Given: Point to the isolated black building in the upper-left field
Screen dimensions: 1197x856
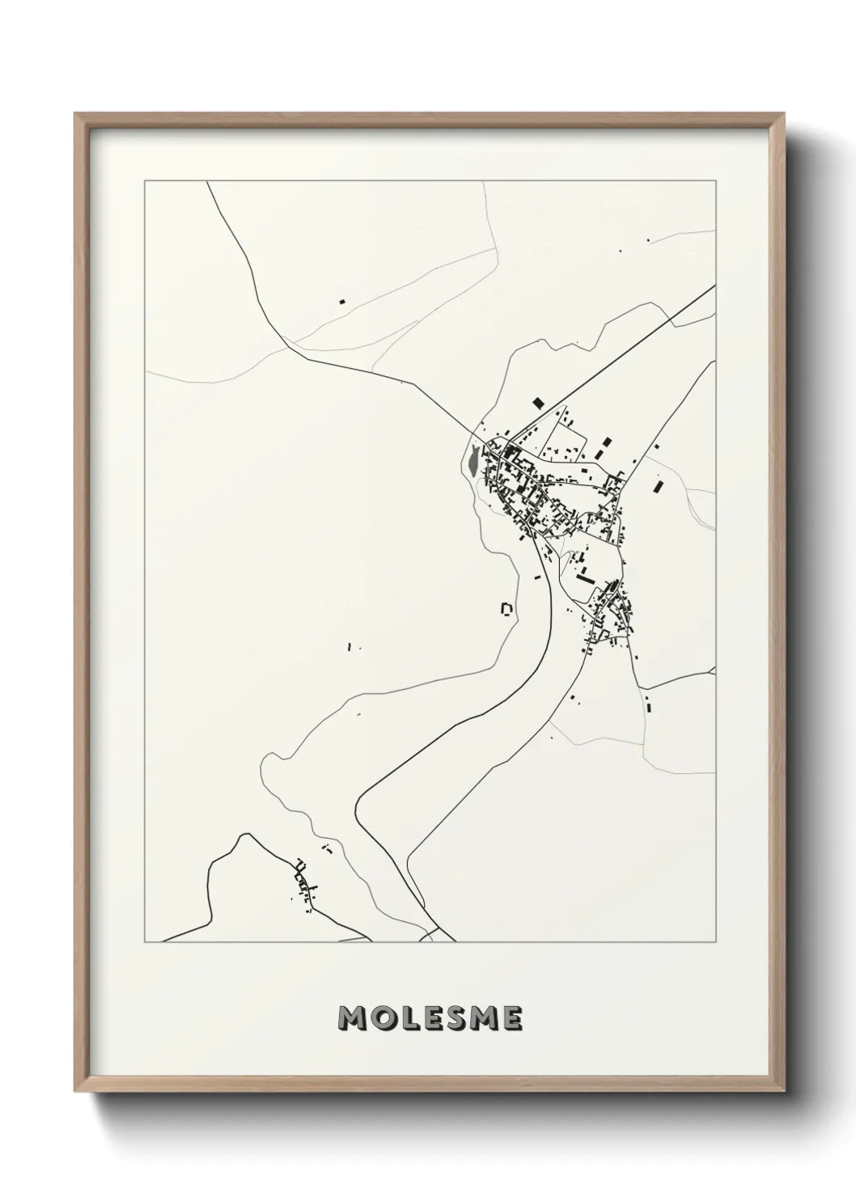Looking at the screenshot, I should click(342, 301).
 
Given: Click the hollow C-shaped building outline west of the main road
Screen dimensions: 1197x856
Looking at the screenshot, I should click(507, 608).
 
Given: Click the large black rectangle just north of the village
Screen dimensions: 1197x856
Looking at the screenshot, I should click(538, 402).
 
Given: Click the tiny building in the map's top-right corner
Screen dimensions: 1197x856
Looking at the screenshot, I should click(647, 239).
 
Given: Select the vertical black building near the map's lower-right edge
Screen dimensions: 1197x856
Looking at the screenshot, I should click(648, 702).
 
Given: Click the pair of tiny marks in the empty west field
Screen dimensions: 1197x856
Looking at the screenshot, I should click(350, 647).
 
